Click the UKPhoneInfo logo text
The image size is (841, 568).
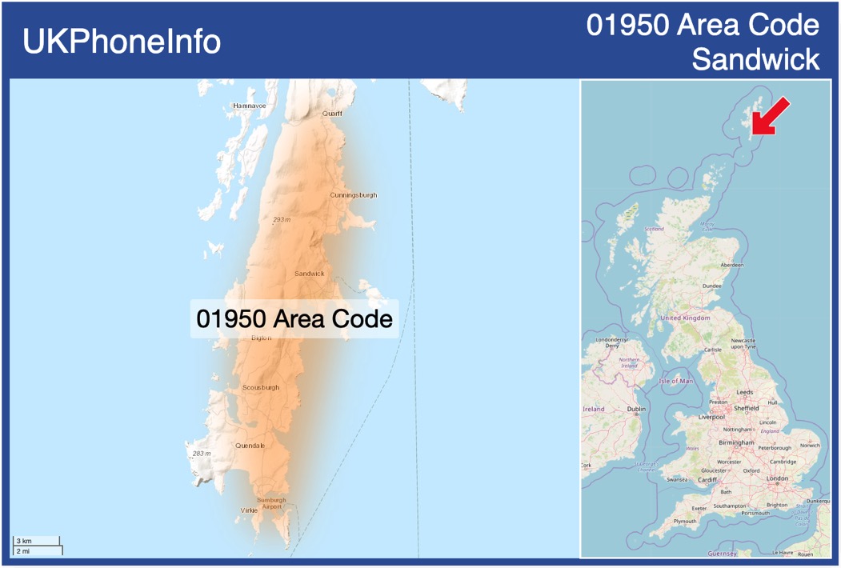tap(122, 42)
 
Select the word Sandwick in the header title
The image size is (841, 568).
tap(755, 59)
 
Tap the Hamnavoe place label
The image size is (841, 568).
tap(249, 106)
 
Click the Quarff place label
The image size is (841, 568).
tap(332, 114)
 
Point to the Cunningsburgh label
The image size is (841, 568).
tap(353, 195)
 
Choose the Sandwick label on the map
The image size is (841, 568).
tap(310, 274)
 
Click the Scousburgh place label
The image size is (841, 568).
tap(261, 388)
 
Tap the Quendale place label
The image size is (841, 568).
tap(250, 446)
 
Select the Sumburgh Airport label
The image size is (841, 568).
tap(271, 503)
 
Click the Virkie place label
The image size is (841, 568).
tap(248, 510)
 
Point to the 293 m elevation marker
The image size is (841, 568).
tap(281, 220)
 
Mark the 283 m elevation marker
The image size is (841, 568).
tap(202, 454)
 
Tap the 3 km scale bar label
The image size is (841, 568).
tap(25, 542)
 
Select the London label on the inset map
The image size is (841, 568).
tap(777, 478)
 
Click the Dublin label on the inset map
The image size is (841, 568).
tap(636, 409)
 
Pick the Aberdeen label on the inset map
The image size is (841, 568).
tap(731, 265)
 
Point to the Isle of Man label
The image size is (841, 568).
tap(675, 382)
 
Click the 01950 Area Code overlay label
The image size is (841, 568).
tap(294, 318)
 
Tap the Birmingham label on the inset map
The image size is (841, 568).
tap(736, 442)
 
